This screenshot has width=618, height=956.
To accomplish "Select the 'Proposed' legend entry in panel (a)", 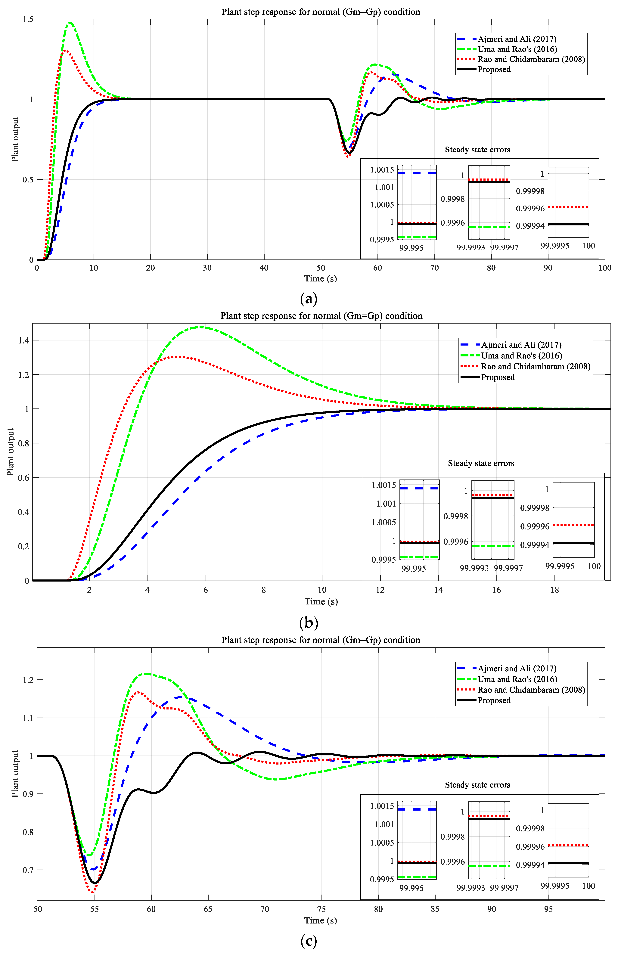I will pos(494,69).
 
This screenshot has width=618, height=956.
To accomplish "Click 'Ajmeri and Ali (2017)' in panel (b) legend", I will pos(521,345).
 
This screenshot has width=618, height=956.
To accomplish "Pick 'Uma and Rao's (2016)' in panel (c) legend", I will pos(517,679).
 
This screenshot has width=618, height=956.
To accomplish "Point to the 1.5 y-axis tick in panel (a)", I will pos(28,19).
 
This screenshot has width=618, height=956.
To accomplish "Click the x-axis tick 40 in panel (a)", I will pos(264,268).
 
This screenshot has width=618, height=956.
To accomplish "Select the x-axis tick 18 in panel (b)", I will pos(555,590).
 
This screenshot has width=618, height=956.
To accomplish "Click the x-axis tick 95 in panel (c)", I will pos(548,909).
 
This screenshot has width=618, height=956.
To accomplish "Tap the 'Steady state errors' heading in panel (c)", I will pos(478,785).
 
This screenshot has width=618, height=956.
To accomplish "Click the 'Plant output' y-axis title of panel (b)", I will pos(11,452).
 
